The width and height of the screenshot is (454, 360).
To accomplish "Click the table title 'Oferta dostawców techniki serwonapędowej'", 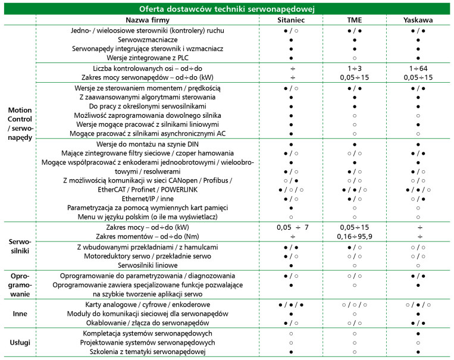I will pos(227,8).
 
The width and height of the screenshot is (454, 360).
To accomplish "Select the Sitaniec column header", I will pos(290,20).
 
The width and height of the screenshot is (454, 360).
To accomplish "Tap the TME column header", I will pos(354,20).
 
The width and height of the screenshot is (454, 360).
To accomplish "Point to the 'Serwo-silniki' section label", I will pos(19,248).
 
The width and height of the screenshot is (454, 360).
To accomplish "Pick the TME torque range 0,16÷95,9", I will pos(354,236).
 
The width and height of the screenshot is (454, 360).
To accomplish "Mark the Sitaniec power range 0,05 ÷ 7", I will pos(290,227).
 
